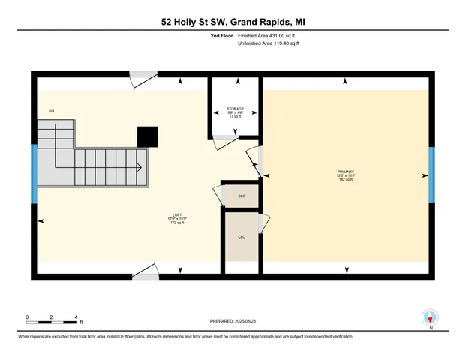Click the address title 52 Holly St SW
[x=233, y=22]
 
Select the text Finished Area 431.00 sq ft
[x=268, y=35]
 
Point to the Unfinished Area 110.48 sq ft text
[x=268, y=43]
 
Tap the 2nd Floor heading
[x=222, y=35]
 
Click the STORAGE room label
[x=236, y=109]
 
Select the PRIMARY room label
[x=345, y=172]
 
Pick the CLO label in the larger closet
[x=242, y=236]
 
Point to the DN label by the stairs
[x=52, y=110]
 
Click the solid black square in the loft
[x=148, y=136]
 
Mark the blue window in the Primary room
[x=431, y=175]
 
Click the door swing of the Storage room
[x=224, y=136]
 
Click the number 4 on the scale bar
[x=76, y=316]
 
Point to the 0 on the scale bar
[x=27, y=316]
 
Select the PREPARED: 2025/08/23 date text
[x=233, y=321]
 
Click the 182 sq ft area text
[x=345, y=181]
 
